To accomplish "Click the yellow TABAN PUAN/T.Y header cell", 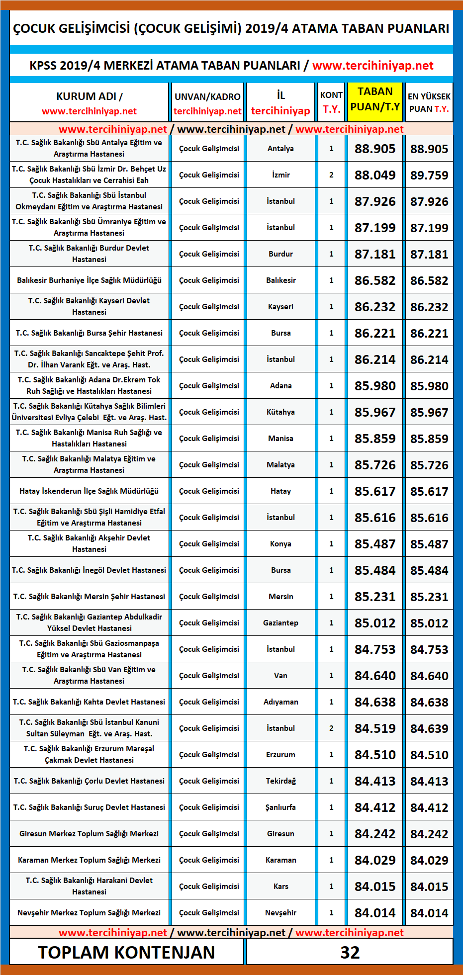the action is (375, 99).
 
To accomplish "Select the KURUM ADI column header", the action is (89, 103).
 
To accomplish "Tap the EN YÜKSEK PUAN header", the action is (429, 102).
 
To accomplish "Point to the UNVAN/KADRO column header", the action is (207, 103).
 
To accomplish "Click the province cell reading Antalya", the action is (280, 149).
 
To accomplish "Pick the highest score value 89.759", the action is (429, 175).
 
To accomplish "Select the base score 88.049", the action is (375, 175).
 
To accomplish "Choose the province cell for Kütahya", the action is (280, 412).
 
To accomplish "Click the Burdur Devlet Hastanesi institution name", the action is (89, 254).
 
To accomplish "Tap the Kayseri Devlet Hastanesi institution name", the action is (89, 306).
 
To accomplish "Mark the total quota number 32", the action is (350, 952).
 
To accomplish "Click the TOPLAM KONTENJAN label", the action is (126, 952).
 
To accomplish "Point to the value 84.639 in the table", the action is (429, 728).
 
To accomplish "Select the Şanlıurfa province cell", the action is (280, 807).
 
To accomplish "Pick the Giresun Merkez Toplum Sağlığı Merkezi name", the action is (89, 834).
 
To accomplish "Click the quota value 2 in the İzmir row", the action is (331, 175).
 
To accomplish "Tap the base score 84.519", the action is (375, 728).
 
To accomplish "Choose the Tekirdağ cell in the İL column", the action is (280, 781).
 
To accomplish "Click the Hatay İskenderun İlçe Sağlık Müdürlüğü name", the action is (89, 491).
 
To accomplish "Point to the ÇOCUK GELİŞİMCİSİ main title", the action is (231, 28).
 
